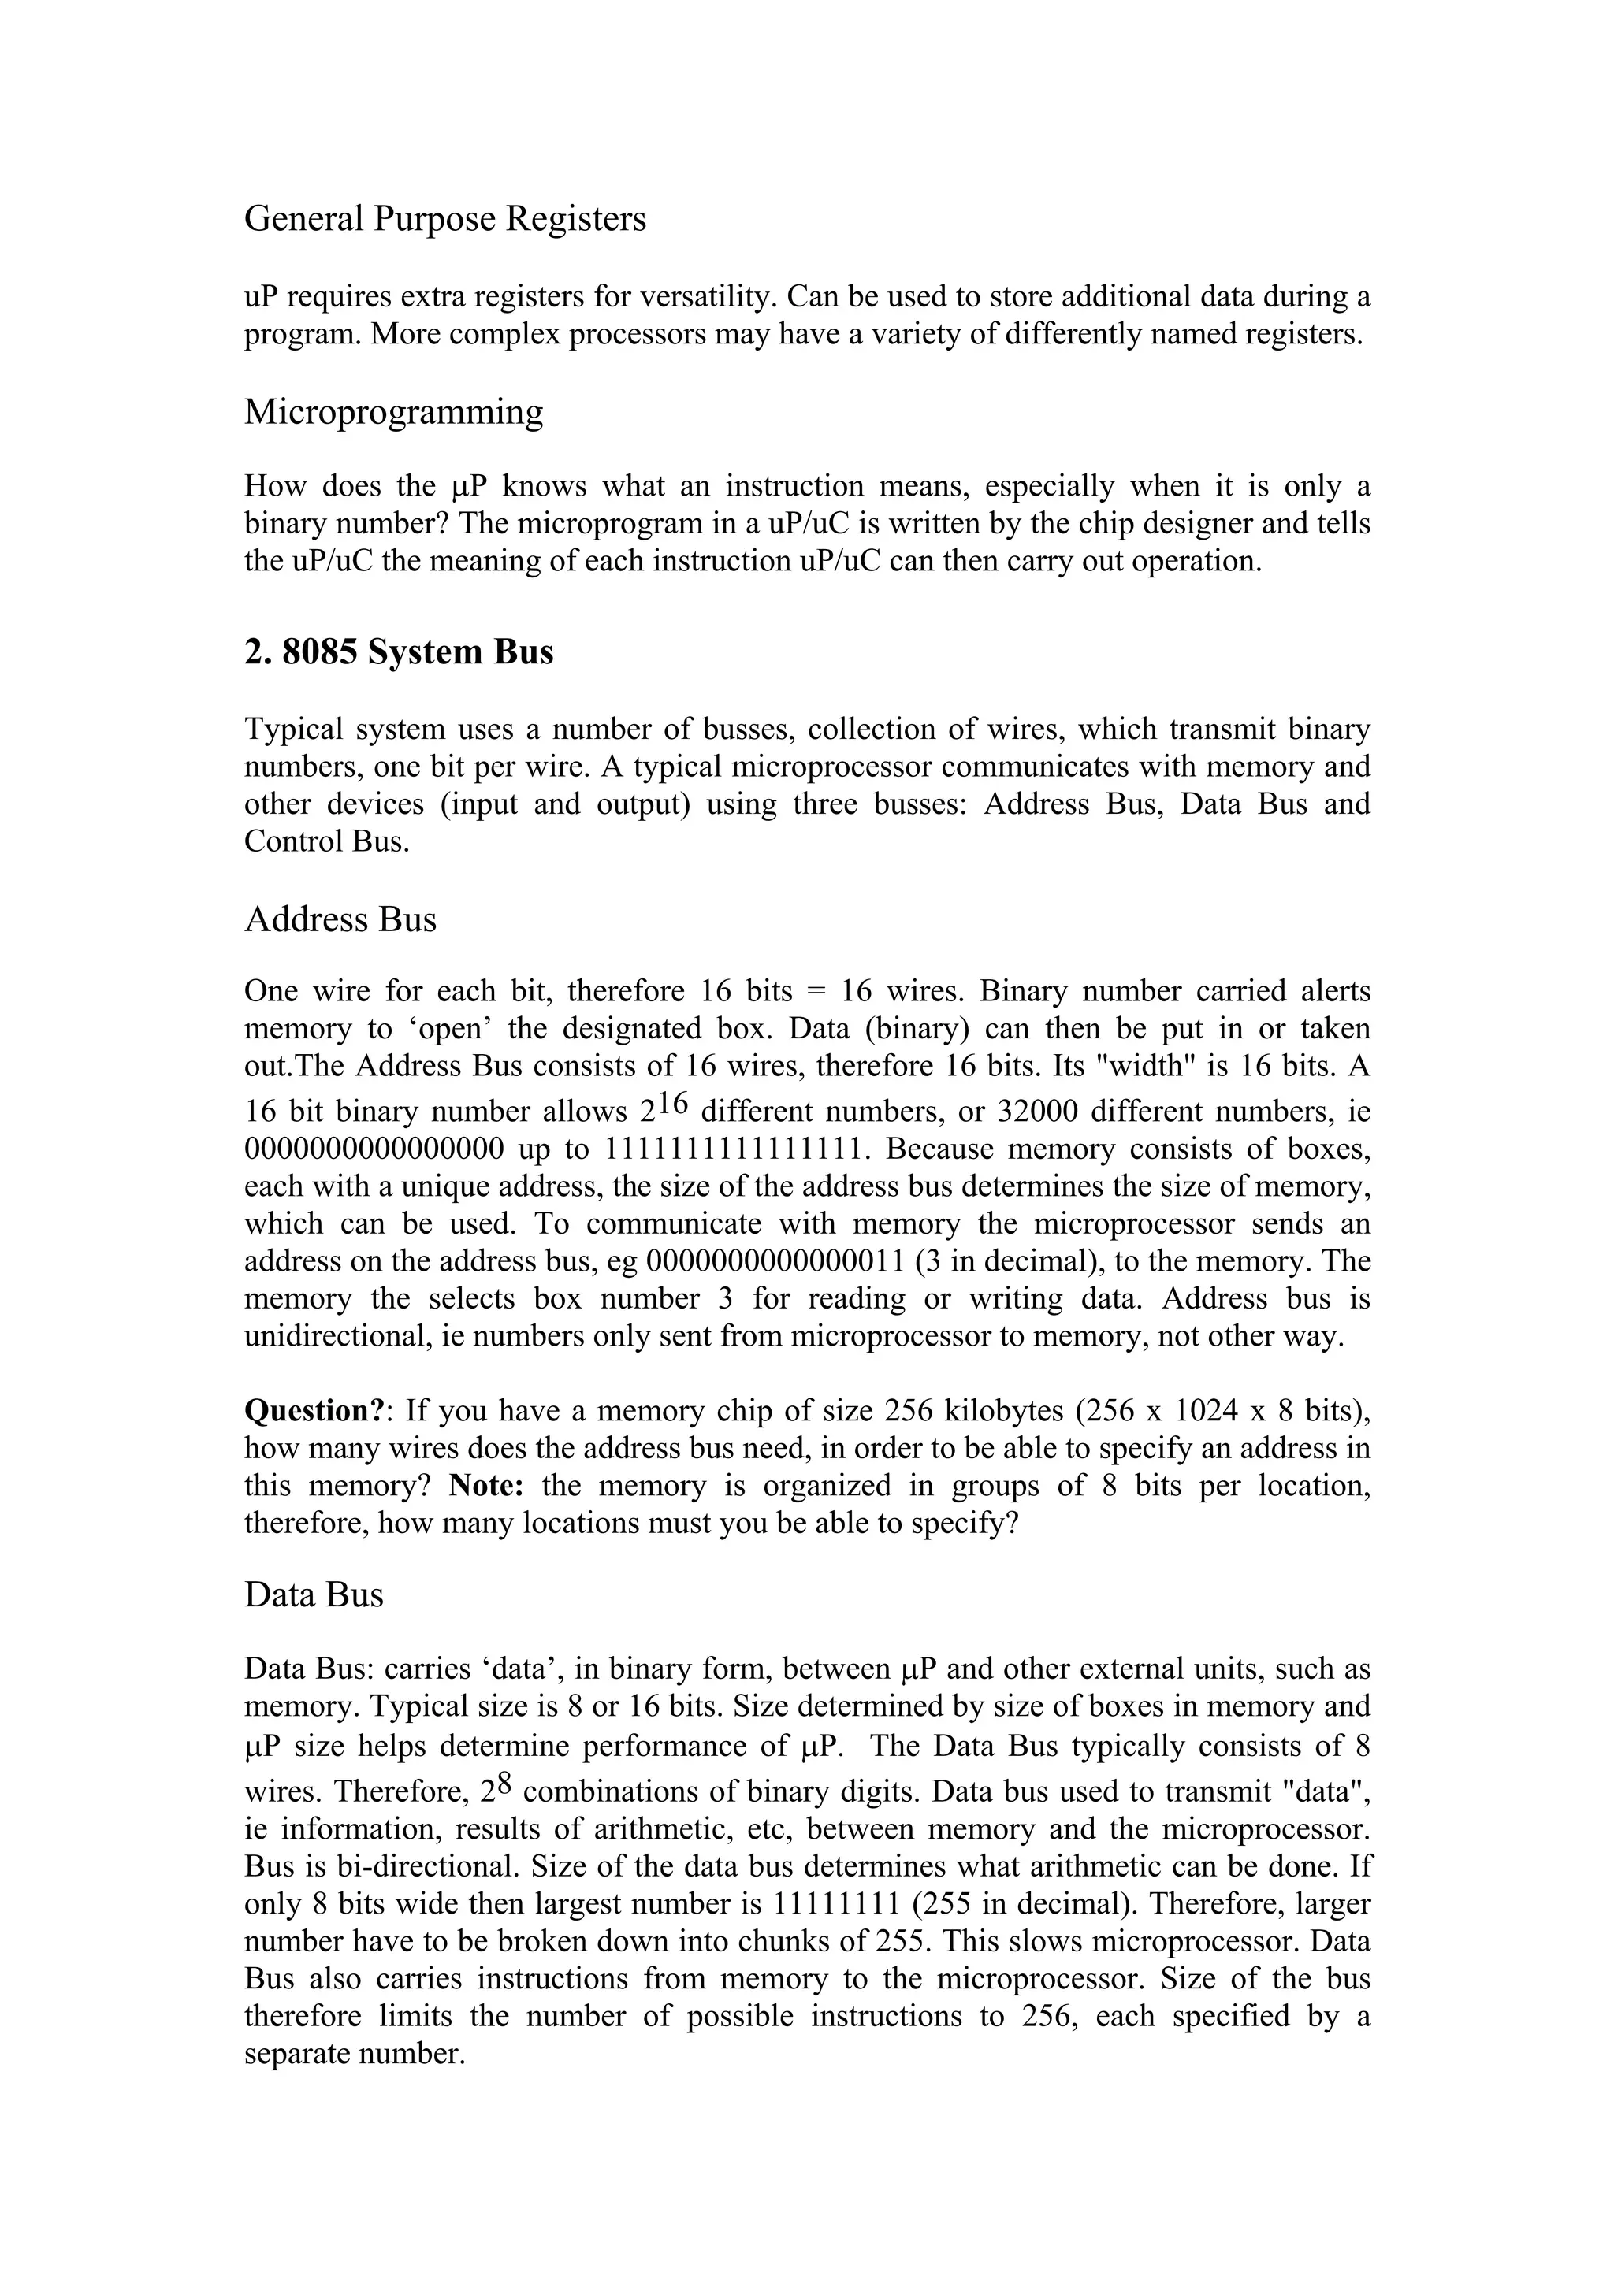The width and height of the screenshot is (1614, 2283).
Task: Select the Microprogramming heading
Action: pos(394,412)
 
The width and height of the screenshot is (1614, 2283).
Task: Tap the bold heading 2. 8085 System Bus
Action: pos(399,652)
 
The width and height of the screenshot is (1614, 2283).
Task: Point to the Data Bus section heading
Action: pos(313,1595)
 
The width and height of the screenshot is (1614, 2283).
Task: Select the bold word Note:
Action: pos(486,1486)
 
